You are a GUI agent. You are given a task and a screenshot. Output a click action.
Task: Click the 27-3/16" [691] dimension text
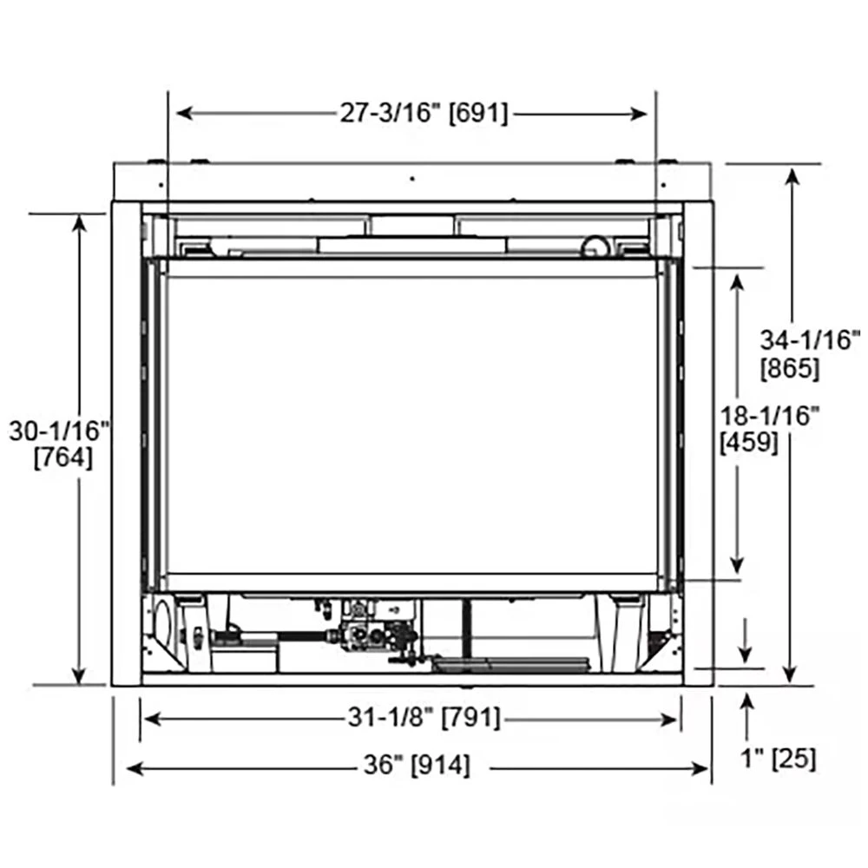coord(424,113)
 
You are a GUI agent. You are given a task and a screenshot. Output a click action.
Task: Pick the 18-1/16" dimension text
coord(770,415)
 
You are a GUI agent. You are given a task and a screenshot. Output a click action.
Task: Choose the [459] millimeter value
coord(749,443)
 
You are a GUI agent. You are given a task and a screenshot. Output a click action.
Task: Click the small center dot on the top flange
coord(413,178)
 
